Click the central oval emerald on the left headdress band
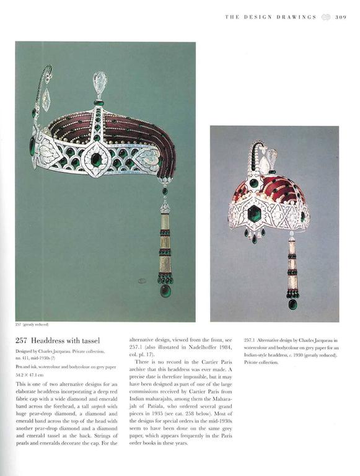97,159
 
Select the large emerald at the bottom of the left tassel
165,289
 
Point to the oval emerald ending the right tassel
292,303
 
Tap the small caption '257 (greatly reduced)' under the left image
32,324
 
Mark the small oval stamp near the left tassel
143,281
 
